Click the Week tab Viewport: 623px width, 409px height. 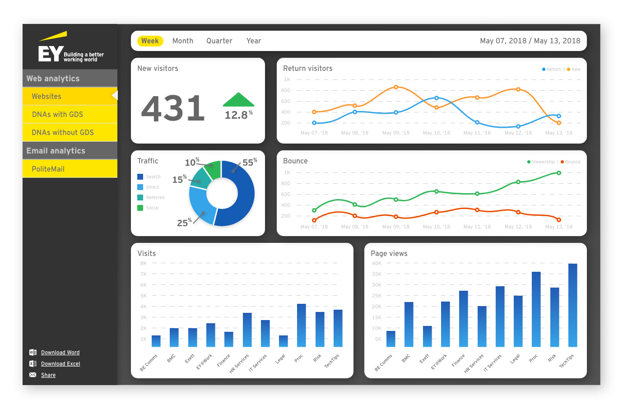[x=150, y=41]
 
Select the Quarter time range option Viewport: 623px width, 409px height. [x=219, y=41]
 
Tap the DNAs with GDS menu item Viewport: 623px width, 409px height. [x=57, y=114]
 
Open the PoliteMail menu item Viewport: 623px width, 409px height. [x=48, y=169]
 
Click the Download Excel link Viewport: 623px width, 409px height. [x=60, y=364]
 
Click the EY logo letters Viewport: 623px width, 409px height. [x=50, y=53]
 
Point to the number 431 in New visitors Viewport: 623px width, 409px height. [x=173, y=109]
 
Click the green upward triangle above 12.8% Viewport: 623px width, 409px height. [x=238, y=100]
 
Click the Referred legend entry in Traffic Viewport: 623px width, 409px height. [x=155, y=198]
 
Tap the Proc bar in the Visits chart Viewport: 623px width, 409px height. [x=301, y=325]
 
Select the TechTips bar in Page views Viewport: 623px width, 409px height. [x=572, y=305]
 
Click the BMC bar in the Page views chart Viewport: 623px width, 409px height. [x=409, y=324]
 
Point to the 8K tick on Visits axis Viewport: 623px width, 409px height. [x=143, y=263]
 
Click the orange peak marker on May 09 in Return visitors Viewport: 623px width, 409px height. [x=396, y=87]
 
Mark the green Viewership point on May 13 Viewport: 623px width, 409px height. [x=559, y=173]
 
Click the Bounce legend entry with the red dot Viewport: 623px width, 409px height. [x=571, y=162]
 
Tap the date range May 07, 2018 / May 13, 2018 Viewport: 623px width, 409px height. [x=530, y=41]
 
